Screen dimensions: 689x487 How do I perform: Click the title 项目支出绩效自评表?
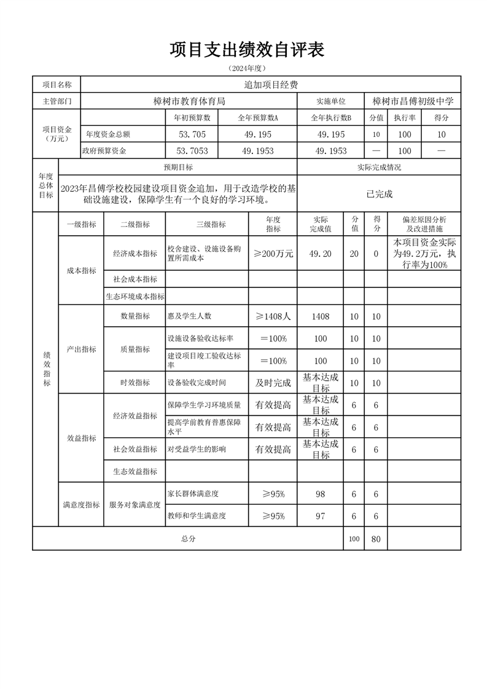[x=247, y=50]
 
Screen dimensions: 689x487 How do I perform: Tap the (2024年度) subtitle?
[x=247, y=68]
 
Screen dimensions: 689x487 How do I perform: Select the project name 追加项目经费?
[x=271, y=85]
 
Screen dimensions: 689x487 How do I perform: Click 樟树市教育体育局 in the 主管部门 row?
[x=189, y=101]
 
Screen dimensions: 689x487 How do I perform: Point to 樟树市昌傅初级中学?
[x=413, y=101]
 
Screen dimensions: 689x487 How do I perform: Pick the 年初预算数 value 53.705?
[x=192, y=134]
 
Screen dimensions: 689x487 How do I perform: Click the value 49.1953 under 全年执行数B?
[x=331, y=150]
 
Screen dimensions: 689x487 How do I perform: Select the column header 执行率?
[x=405, y=117]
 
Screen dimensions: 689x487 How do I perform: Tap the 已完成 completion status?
[x=379, y=194]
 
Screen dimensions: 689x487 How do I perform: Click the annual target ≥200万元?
[x=273, y=254]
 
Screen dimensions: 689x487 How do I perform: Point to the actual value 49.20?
[x=321, y=254]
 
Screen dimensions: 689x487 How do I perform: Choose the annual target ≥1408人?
[x=273, y=316]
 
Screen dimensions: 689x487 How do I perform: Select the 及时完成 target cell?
[x=273, y=383]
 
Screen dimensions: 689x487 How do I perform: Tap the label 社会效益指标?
[x=134, y=449]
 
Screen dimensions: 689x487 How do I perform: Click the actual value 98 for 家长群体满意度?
[x=321, y=494]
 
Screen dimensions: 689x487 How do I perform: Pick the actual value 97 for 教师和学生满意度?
[x=321, y=516]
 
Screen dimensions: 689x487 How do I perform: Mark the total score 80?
[x=376, y=539]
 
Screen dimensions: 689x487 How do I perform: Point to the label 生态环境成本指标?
[x=134, y=297]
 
